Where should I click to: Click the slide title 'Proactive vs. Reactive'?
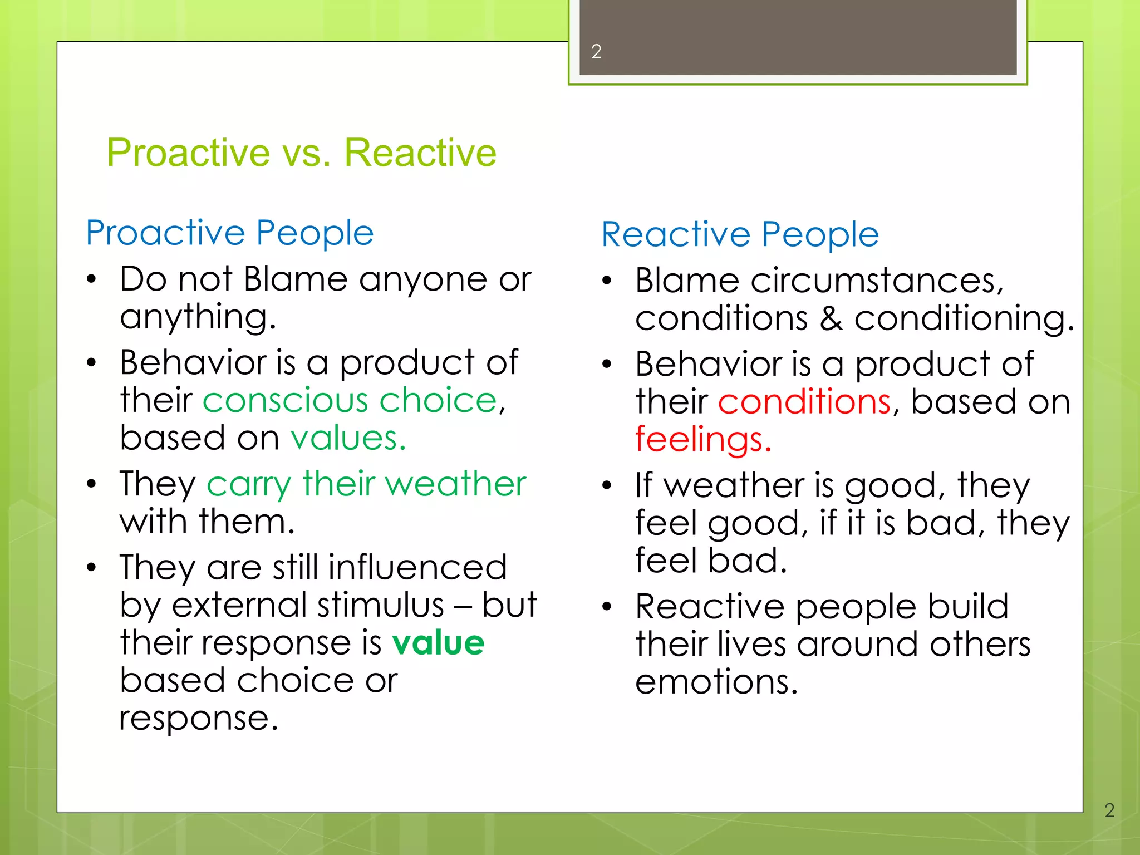point(301,153)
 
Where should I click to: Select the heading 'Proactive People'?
point(229,233)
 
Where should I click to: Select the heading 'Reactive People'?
point(740,234)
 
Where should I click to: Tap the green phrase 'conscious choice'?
point(350,400)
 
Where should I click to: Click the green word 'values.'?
point(348,438)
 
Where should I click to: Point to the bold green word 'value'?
point(438,643)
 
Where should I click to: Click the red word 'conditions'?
point(804,402)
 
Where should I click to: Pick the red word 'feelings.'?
point(703,440)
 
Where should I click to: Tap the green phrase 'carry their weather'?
point(366,484)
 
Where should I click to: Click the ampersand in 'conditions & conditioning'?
point(831,319)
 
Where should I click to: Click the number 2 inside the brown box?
point(596,52)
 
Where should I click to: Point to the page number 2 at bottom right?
point(1109,810)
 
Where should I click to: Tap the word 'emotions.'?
point(716,682)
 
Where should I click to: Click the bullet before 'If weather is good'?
point(607,486)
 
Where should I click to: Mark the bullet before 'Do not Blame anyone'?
point(92,279)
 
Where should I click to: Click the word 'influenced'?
point(417,568)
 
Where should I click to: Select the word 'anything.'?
point(198,317)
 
